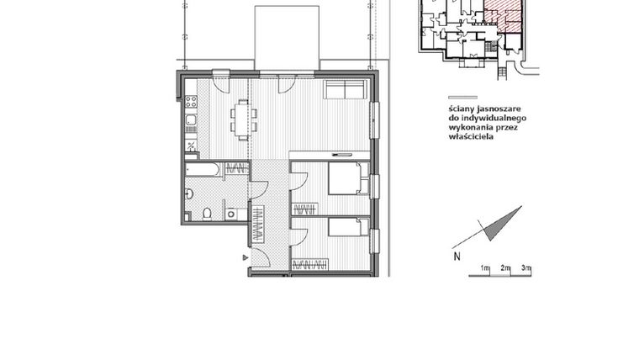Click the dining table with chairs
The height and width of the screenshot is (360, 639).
[243, 119]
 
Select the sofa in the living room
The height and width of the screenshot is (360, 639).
[345, 90]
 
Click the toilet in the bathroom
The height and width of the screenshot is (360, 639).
[207, 214]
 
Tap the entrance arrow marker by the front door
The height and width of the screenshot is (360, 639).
[245, 258]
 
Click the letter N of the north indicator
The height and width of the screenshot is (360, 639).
[456, 257]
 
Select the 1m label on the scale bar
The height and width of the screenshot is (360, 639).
[485, 268]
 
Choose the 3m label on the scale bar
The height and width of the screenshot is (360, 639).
[525, 268]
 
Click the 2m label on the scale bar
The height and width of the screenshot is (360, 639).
[505, 268]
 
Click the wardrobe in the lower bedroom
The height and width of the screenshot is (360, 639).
[309, 266]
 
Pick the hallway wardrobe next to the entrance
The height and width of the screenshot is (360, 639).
[261, 224]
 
